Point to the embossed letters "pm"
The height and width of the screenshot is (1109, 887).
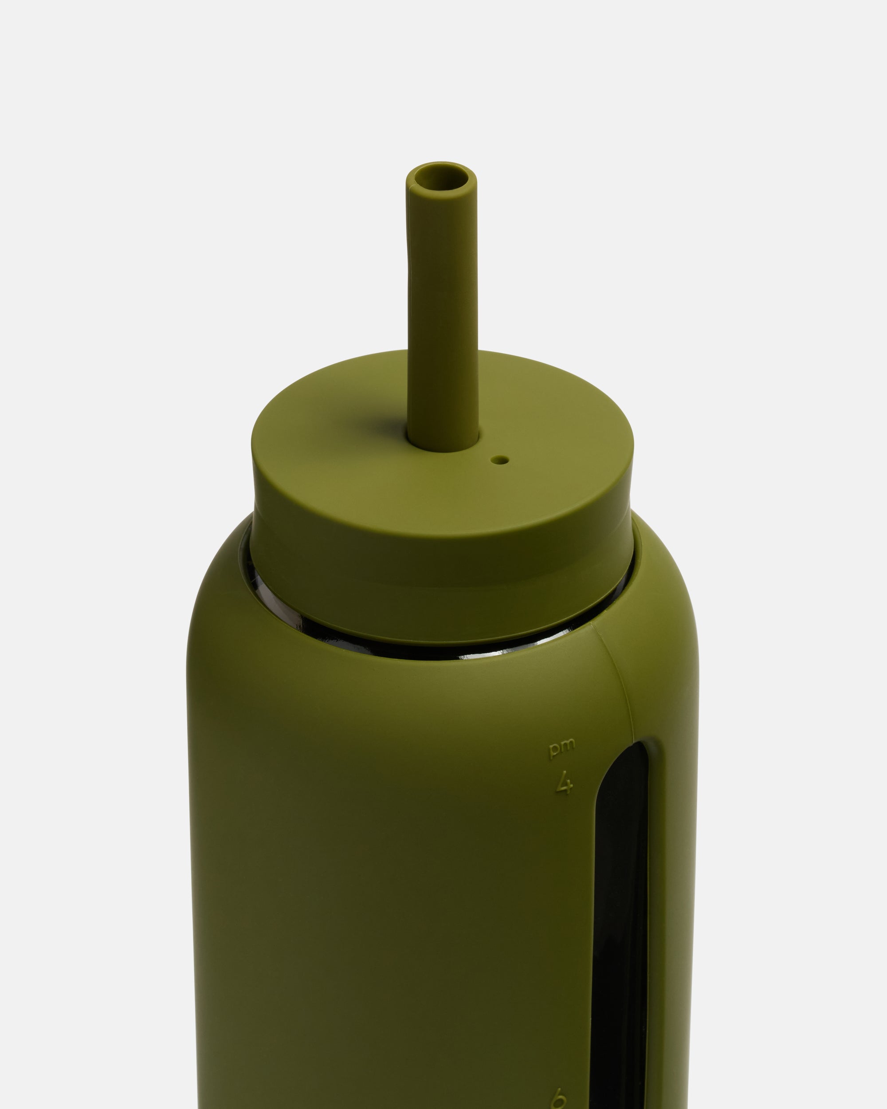562,748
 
